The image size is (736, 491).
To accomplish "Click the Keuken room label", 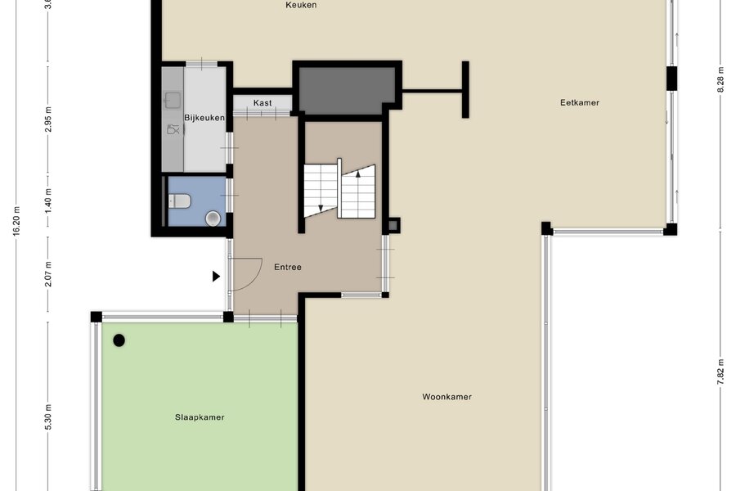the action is pos(301,5).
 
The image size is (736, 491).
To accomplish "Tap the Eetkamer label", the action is pos(579,102).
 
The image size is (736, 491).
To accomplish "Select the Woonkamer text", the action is pos(447,397).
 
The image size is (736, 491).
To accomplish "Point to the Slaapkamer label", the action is pos(200,417).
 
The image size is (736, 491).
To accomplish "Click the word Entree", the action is pos(288,267).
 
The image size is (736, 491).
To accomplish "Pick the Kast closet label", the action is pos(263,102).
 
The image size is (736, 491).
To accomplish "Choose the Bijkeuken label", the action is pos(204,118).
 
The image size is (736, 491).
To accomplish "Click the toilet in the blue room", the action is pos(180,201).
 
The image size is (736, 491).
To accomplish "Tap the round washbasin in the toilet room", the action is pos(213,218).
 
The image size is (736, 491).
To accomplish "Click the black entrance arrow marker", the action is pos(216,277).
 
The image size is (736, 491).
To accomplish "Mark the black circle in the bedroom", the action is pos(119,340).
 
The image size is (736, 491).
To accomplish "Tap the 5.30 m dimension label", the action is pos(49,417).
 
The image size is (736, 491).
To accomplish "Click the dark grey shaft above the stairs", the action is pos(347,91).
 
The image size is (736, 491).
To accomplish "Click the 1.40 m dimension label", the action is pos(49,200).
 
